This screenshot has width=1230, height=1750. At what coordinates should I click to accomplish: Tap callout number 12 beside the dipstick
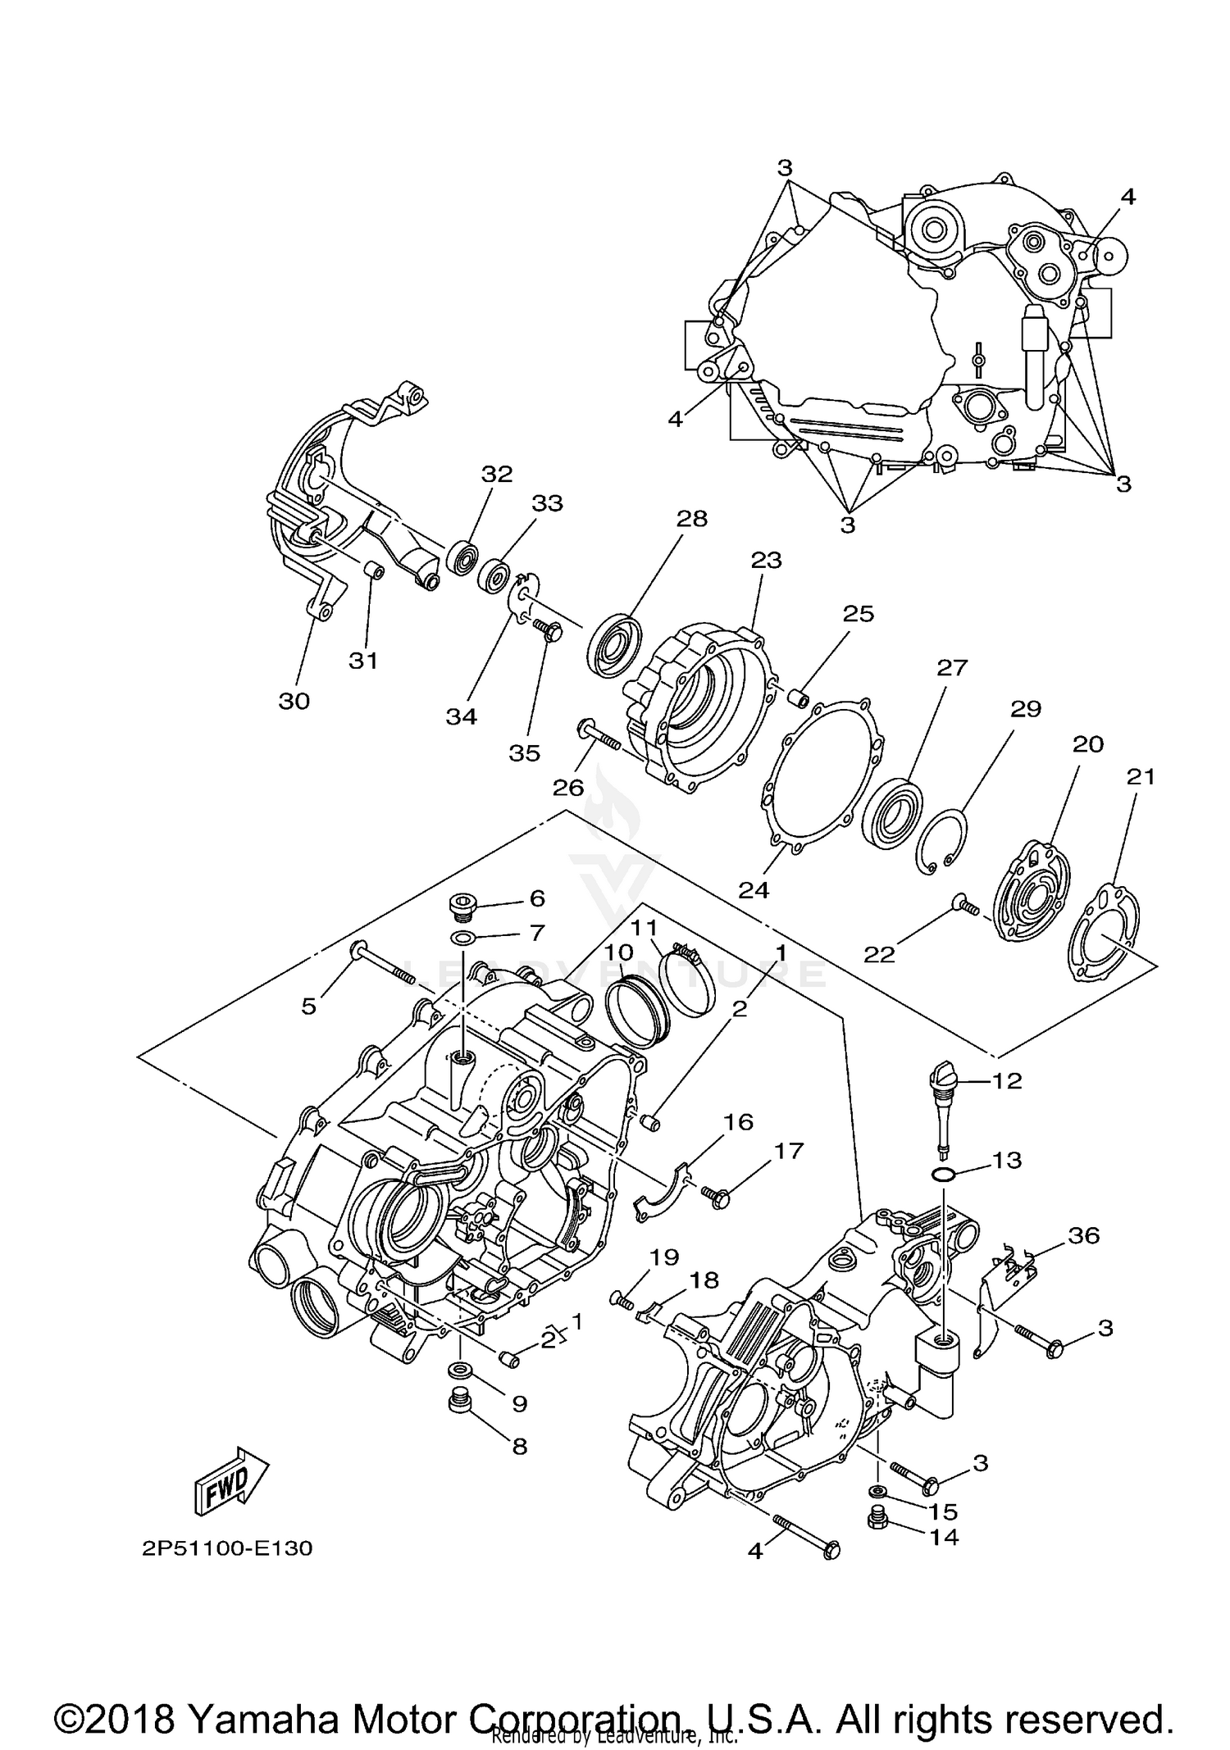click(x=1007, y=1080)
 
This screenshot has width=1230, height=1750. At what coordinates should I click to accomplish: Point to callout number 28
click(x=691, y=518)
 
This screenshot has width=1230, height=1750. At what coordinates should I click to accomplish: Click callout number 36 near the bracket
click(x=1083, y=1235)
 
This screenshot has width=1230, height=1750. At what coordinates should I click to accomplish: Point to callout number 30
click(x=294, y=701)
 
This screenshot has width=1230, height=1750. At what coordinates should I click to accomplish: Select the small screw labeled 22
click(x=966, y=907)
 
